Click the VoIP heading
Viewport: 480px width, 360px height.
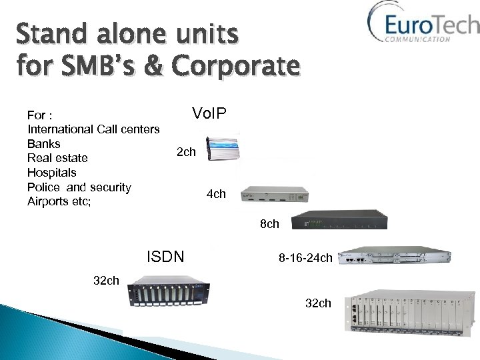click(209, 114)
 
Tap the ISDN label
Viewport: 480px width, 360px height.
click(165, 256)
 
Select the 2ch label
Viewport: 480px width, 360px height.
click(186, 152)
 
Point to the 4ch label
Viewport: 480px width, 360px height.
click(216, 194)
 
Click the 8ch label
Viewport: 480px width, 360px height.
click(269, 224)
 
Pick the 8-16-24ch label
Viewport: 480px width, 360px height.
click(305, 257)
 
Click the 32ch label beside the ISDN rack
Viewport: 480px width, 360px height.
click(106, 280)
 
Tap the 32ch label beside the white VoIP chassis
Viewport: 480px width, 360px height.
click(318, 303)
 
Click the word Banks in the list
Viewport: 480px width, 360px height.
click(44, 143)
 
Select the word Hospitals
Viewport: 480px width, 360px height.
click(52, 172)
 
